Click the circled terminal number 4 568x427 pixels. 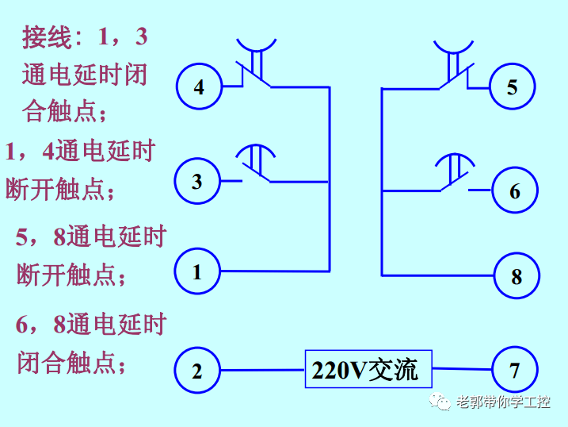click(198, 87)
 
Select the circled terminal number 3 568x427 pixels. click(197, 182)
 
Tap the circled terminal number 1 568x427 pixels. click(197, 272)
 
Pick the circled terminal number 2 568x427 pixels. click(197, 371)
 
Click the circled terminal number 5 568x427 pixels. click(512, 87)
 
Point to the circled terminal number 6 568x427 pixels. click(515, 191)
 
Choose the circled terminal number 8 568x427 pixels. click(517, 276)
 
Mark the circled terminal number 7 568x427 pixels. click(515, 370)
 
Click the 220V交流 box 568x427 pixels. click(368, 370)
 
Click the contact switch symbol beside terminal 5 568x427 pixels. click(454, 67)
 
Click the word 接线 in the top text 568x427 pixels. click(47, 37)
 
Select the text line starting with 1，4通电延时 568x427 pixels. click(80, 152)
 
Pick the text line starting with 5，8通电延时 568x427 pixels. click(91, 237)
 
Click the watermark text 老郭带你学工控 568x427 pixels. click(502, 402)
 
